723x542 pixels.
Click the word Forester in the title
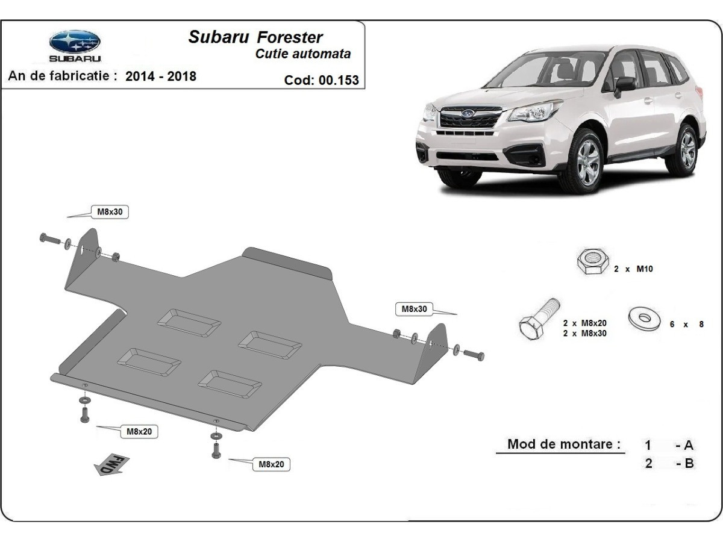[x=290, y=37]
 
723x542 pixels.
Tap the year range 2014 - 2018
[x=161, y=76]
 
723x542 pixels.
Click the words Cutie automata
[x=303, y=54]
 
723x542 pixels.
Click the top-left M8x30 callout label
[x=110, y=211]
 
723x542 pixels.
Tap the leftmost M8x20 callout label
[x=138, y=431]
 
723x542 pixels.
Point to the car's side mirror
[x=624, y=84]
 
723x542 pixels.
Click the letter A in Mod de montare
[x=688, y=446]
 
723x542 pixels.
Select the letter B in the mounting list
[x=689, y=464]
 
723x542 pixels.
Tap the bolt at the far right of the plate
[x=474, y=355]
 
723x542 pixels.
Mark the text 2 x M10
[x=633, y=269]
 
